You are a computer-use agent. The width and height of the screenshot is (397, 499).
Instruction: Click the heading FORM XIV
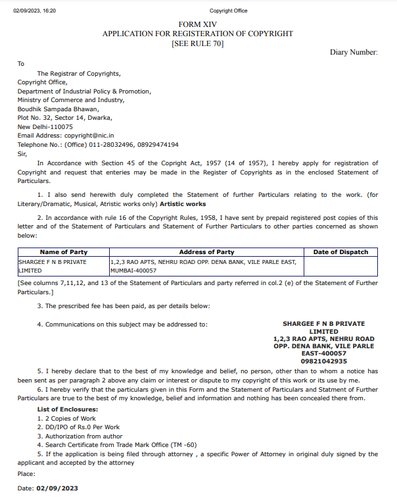197,24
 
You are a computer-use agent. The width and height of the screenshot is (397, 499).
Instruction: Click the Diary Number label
354,52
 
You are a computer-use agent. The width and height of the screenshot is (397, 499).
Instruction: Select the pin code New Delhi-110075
45,127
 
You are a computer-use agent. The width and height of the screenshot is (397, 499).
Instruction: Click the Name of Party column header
64,252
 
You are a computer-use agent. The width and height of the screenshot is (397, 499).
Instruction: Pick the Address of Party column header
206,252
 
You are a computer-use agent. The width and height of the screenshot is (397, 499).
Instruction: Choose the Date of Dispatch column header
340,252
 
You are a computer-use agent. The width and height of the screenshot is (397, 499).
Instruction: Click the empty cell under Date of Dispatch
340,266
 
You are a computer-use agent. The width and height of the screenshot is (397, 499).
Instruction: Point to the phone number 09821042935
323,361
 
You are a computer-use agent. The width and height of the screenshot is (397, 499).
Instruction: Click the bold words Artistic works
183,204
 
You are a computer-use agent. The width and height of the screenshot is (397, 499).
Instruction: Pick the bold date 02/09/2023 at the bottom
58,489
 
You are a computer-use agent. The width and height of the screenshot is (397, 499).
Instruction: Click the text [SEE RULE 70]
197,43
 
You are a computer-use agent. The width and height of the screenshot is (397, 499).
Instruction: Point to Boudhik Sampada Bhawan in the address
58,109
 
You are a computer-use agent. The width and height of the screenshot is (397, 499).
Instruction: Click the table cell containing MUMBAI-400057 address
206,266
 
